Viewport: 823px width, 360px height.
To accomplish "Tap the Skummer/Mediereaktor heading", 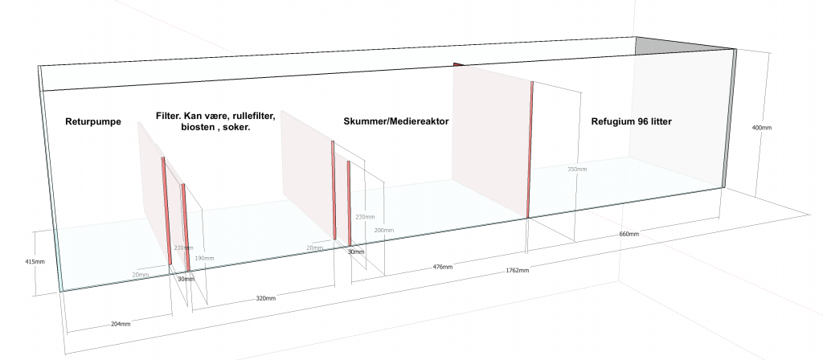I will tap(390, 121).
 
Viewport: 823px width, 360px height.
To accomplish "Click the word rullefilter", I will tap(250, 116).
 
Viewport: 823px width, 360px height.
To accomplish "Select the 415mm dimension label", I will tap(35, 262).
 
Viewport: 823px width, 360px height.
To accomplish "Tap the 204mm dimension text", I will tap(119, 323).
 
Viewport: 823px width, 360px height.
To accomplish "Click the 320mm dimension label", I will tap(266, 298).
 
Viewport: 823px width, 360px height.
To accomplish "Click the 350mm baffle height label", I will tap(577, 170).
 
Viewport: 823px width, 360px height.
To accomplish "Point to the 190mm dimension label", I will tap(205, 258).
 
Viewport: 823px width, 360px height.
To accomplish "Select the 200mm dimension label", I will tap(384, 231).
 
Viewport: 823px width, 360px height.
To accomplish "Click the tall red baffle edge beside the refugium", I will tap(530, 149).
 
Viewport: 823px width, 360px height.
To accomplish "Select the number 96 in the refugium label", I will tap(640, 121).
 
